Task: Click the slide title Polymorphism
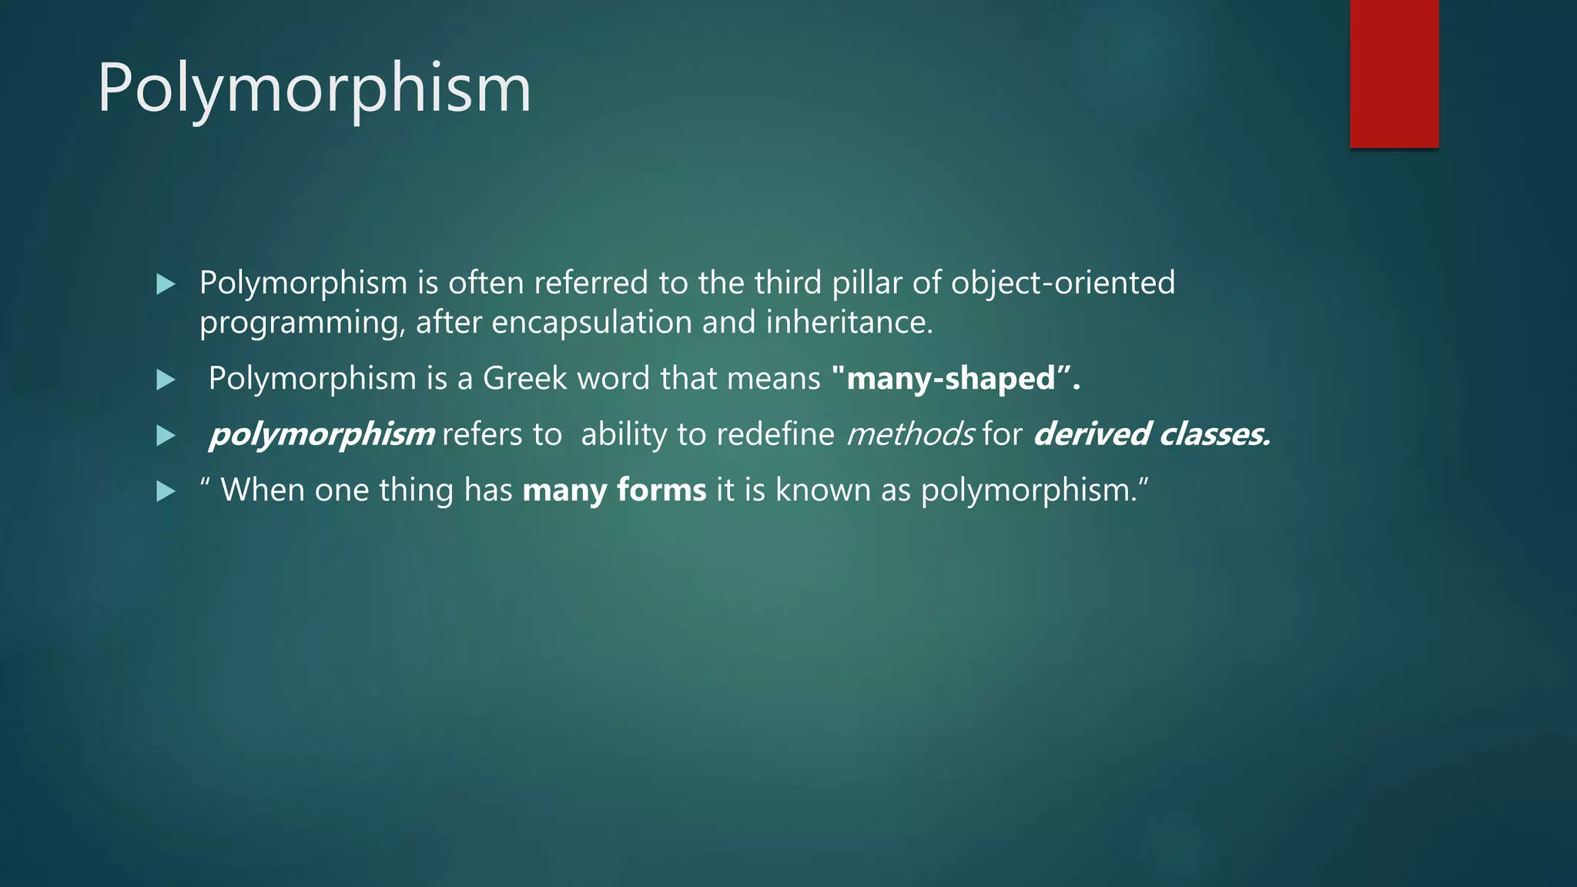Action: (x=314, y=89)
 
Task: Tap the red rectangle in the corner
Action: (x=1394, y=73)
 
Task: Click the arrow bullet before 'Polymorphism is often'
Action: (x=166, y=285)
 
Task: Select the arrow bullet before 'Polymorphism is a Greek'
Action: (x=166, y=380)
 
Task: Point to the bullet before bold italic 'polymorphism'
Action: (x=166, y=437)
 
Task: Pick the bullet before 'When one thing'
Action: (x=166, y=491)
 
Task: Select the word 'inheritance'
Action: (x=849, y=322)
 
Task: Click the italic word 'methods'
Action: (x=910, y=434)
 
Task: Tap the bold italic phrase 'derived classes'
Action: (x=1151, y=434)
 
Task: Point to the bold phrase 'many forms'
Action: (x=614, y=490)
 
